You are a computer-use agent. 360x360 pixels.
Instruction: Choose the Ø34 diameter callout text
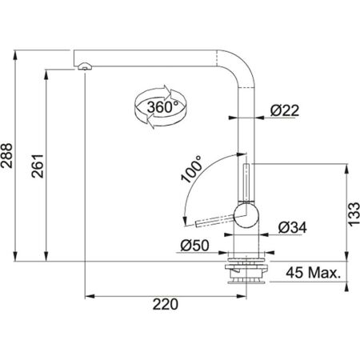[x=290, y=227]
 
